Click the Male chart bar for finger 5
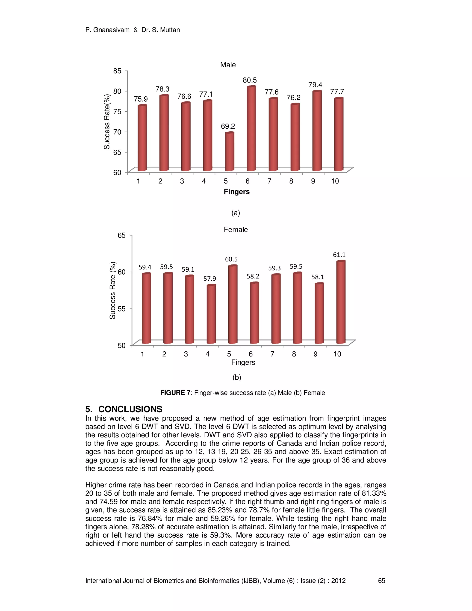(229, 152)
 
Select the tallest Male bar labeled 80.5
(251, 129)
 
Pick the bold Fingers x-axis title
(236, 192)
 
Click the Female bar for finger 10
(341, 302)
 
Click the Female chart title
(236, 229)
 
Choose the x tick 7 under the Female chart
(272, 354)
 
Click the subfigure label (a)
(236, 213)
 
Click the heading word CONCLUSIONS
(130, 409)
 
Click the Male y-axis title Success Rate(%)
(107, 122)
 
